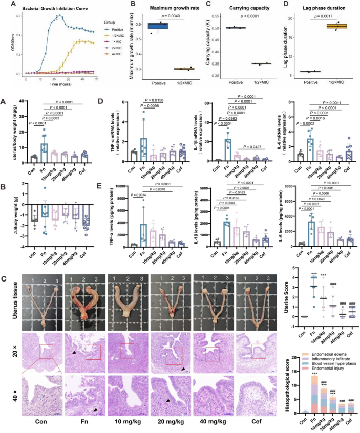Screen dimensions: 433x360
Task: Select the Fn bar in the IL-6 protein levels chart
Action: [x=310, y=227]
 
